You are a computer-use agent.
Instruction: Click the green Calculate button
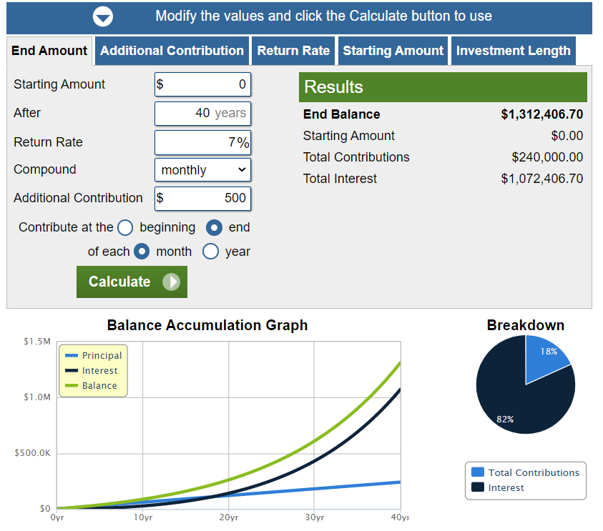pyautogui.click(x=132, y=282)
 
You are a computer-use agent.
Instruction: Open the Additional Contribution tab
pyautogui.click(x=172, y=51)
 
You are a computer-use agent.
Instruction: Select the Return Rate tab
pyautogui.click(x=293, y=51)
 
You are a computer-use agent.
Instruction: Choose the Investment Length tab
pyautogui.click(x=513, y=51)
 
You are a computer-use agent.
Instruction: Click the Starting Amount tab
pyautogui.click(x=393, y=51)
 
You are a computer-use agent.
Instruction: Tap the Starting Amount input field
pyautogui.click(x=202, y=84)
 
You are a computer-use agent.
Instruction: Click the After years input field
pyautogui.click(x=202, y=114)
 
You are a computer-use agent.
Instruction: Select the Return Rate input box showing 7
pyautogui.click(x=202, y=142)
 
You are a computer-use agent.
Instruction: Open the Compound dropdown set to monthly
pyautogui.click(x=202, y=170)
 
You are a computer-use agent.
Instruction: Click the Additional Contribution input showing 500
pyautogui.click(x=202, y=198)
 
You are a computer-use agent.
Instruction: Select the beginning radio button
pyautogui.click(x=125, y=227)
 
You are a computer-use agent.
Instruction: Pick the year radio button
pyautogui.click(x=211, y=252)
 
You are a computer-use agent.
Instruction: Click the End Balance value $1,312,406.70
pyautogui.click(x=542, y=114)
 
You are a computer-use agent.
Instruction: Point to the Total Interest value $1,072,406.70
pyautogui.click(x=542, y=179)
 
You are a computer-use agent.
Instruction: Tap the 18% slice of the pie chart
pyautogui.click(x=544, y=357)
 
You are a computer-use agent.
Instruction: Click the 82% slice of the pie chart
pyautogui.click(x=515, y=404)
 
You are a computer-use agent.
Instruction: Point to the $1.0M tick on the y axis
pyautogui.click(x=37, y=397)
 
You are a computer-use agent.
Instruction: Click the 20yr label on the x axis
pyautogui.click(x=229, y=517)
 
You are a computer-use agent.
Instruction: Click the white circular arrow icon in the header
pyautogui.click(x=103, y=16)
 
